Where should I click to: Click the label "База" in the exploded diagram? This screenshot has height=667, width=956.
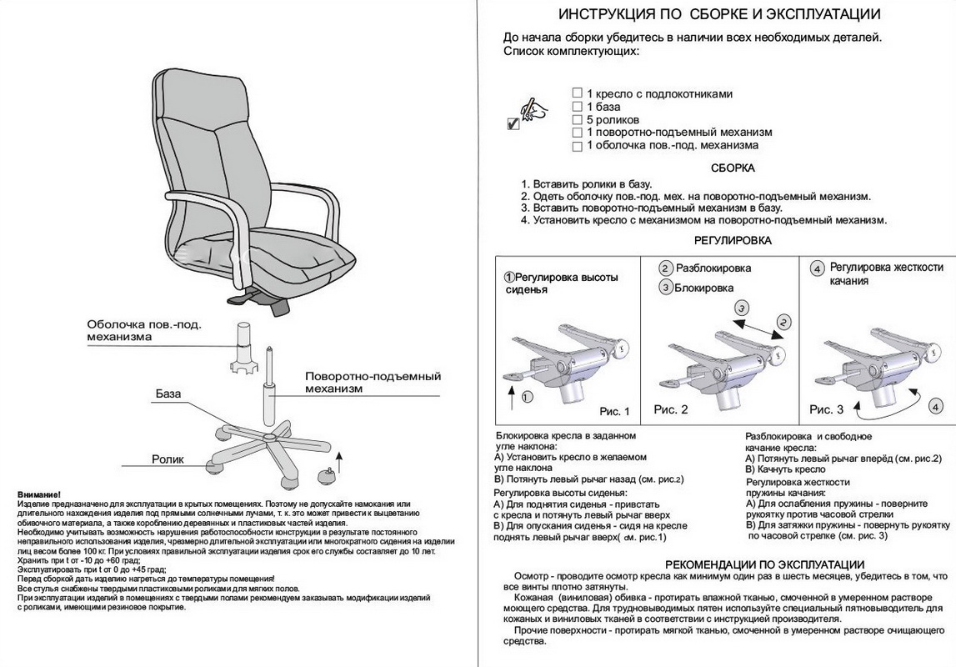[x=167, y=394]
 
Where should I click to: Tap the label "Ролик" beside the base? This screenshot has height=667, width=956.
[x=167, y=459]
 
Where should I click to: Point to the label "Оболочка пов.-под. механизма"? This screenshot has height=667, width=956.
[x=144, y=331]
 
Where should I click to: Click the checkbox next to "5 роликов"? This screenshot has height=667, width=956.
[x=577, y=119]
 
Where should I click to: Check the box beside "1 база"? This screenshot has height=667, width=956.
[x=577, y=107]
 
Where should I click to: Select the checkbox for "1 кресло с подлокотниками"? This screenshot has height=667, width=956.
[x=577, y=93]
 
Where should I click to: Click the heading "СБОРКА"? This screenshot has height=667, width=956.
[x=733, y=168]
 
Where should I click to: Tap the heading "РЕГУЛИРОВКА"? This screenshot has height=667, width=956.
[x=733, y=240]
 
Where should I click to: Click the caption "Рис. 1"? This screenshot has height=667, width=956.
[x=615, y=412]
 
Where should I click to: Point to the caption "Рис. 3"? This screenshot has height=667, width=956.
[x=827, y=409]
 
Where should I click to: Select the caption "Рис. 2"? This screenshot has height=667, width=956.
[x=671, y=409]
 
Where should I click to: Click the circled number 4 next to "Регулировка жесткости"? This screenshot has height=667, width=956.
[x=817, y=268]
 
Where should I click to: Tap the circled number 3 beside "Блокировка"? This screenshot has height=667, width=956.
[x=665, y=288]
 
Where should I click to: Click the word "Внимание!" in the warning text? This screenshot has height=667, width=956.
[x=38, y=495]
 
